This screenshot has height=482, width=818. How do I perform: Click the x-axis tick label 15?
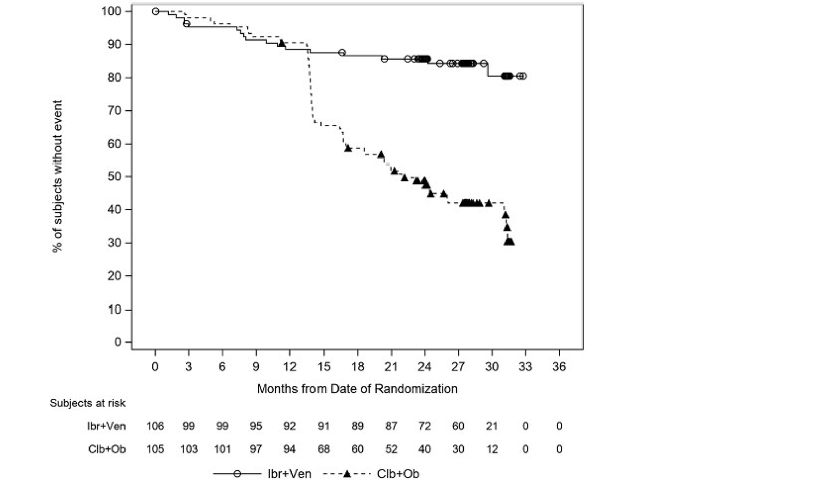pyautogui.click(x=324, y=366)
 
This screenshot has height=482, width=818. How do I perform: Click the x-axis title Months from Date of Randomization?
pyautogui.click(x=357, y=388)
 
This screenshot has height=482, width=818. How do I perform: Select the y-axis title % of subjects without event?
pyautogui.click(x=57, y=176)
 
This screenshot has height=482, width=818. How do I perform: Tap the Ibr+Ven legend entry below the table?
pyautogui.click(x=289, y=474)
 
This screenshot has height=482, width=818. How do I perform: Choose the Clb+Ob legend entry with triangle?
pyautogui.click(x=398, y=474)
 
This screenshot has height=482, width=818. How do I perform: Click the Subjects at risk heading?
pyautogui.click(x=87, y=403)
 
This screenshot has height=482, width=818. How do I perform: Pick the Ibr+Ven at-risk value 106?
pyautogui.click(x=155, y=426)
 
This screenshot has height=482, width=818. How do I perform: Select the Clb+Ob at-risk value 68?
pyautogui.click(x=324, y=449)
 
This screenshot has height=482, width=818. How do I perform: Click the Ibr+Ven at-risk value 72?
pyautogui.click(x=424, y=426)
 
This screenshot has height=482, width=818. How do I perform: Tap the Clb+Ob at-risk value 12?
pyautogui.click(x=492, y=449)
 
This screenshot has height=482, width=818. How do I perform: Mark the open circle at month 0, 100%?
pyautogui.click(x=155, y=11)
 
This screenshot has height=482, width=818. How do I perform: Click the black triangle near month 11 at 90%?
pyautogui.click(x=281, y=43)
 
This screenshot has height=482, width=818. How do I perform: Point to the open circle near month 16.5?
pyautogui.click(x=342, y=52)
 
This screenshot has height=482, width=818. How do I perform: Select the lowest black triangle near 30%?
pyautogui.click(x=510, y=242)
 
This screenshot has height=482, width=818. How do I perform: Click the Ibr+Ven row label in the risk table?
pyautogui.click(x=106, y=426)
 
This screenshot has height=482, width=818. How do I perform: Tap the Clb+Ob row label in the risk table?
pyautogui.click(x=106, y=449)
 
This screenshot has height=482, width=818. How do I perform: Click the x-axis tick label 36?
pyautogui.click(x=559, y=366)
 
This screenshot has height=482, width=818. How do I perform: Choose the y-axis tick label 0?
pyautogui.click(x=118, y=342)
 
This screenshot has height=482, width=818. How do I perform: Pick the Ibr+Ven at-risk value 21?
pyautogui.click(x=492, y=426)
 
